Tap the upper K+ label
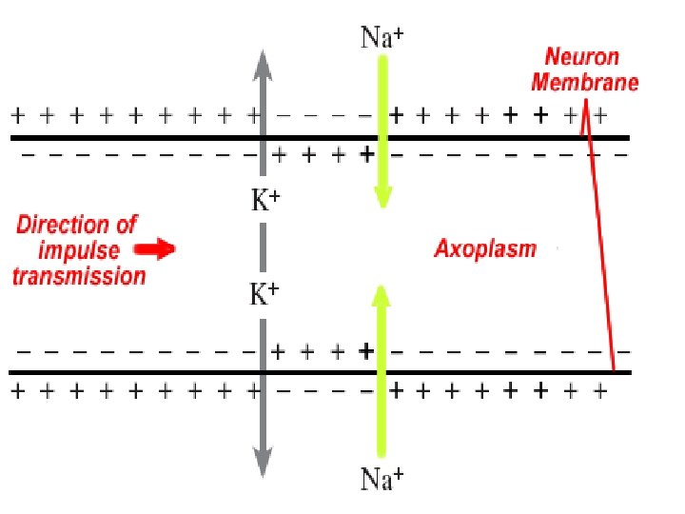point(264,201)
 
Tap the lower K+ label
point(264,295)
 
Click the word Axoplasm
point(485,249)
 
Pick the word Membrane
point(584,82)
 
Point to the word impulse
point(80,250)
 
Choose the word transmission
point(80,276)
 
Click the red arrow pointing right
point(153,250)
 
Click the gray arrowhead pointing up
point(263,62)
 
